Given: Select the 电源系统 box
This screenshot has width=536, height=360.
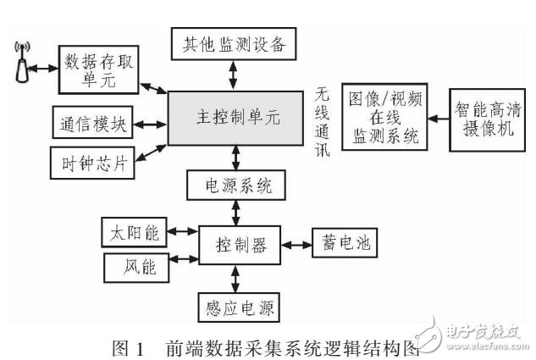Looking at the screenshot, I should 235,184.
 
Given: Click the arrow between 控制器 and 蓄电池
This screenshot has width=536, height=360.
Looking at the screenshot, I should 296,245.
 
